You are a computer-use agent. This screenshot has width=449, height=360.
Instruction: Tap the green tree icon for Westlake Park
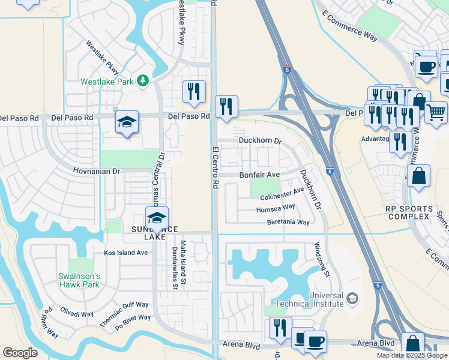[142, 80]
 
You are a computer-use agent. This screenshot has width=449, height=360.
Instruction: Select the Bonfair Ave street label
[260, 175]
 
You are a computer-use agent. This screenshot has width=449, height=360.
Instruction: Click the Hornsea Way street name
[276, 208]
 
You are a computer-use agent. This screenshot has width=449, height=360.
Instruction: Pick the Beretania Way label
[288, 222]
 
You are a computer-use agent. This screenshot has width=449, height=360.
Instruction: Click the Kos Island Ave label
[125, 253]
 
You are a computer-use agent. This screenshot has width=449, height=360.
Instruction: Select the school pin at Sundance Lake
[157, 218]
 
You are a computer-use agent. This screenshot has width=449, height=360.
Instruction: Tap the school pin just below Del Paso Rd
[127, 123]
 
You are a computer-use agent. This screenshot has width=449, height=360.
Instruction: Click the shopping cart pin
[436, 112]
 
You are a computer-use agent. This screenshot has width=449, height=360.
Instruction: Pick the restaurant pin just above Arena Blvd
[280, 328]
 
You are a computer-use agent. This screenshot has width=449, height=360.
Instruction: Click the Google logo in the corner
[20, 352]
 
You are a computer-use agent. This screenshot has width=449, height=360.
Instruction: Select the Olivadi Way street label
[77, 313]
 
